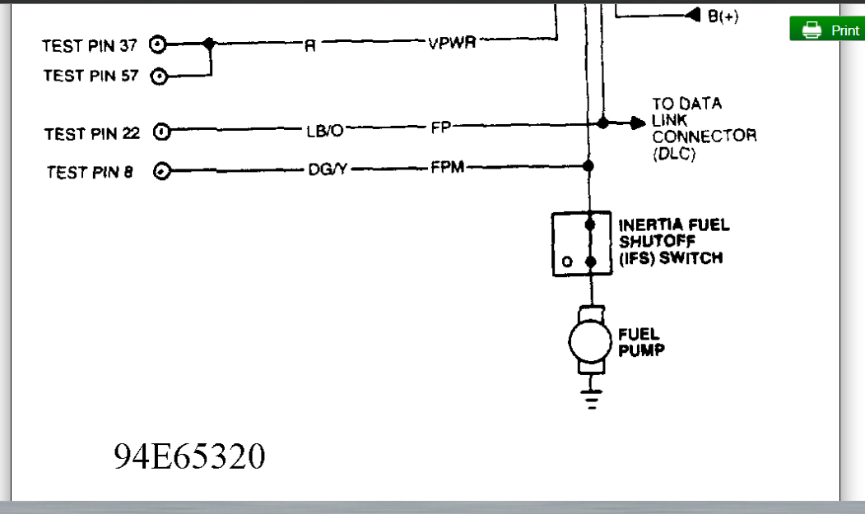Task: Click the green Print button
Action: pyautogui.click(x=828, y=30)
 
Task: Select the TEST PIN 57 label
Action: pyautogui.click(x=91, y=76)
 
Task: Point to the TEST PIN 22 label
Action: pyautogui.click(x=92, y=133)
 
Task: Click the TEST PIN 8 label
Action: pyautogui.click(x=90, y=172)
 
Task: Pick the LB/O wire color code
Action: pyautogui.click(x=324, y=131)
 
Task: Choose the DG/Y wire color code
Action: pyautogui.click(x=326, y=169)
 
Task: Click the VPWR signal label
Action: pyautogui.click(x=452, y=44)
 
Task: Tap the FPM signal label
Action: pyautogui.click(x=448, y=168)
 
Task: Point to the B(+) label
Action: pyautogui.click(x=723, y=16)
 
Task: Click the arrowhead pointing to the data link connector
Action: pyautogui.click(x=639, y=123)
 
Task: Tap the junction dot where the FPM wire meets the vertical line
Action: pyautogui.click(x=588, y=166)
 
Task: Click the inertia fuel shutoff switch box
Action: pyautogui.click(x=581, y=243)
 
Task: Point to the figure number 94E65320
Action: pyautogui.click(x=189, y=456)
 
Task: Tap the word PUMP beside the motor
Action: pyautogui.click(x=640, y=350)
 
